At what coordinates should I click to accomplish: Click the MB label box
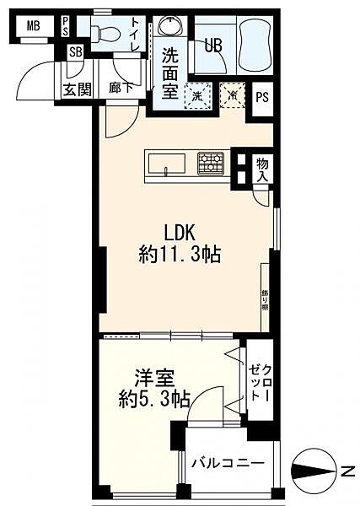coord(33,25)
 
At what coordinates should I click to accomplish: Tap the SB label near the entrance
coord(76,52)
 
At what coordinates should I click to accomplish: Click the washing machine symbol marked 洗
coord(197,96)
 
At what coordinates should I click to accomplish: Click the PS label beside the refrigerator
coord(262,97)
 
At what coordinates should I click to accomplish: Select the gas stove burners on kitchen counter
coord(211,163)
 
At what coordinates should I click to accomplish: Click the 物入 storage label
coord(262,170)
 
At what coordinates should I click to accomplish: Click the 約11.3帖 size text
coord(180,255)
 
